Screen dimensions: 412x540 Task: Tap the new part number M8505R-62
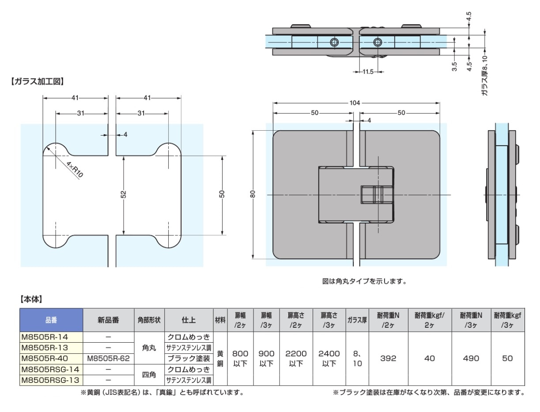[109, 358]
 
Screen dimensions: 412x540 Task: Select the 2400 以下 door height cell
[329, 359]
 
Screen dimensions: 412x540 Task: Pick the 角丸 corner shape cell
[150, 348]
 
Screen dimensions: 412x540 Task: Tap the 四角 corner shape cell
[150, 374]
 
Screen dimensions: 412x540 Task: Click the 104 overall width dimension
[355, 103]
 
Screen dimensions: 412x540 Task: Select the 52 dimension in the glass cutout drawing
[124, 194]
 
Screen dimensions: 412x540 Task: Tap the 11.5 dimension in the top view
[367, 72]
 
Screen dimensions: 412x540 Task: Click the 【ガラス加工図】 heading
[36, 81]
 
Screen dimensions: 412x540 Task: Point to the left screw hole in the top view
[334, 42]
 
